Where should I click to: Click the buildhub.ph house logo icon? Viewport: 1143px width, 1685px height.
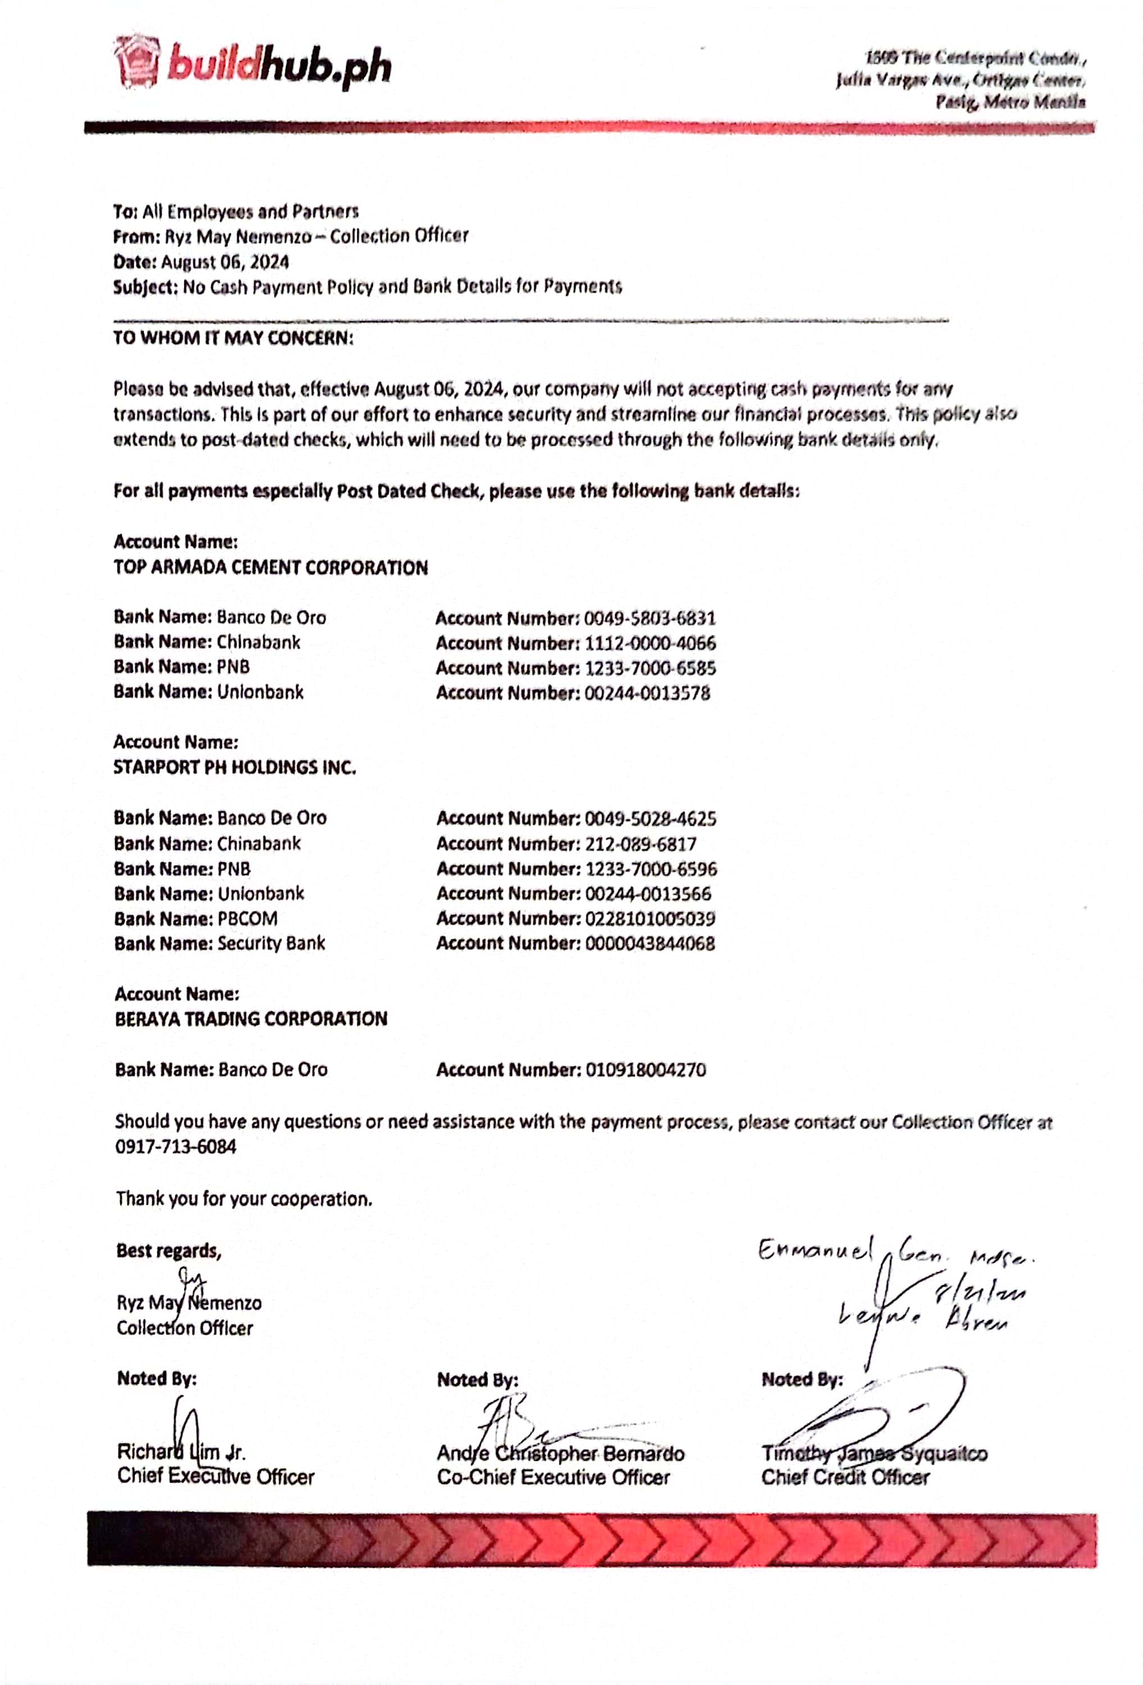pyautogui.click(x=136, y=62)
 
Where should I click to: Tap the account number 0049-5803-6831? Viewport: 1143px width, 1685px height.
pyautogui.click(x=649, y=618)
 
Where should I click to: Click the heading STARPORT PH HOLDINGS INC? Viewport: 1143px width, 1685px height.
pyautogui.click(x=234, y=767)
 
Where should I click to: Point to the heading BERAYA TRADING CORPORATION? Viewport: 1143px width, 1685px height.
pyautogui.click(x=251, y=1019)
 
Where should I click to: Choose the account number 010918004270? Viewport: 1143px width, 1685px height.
pyautogui.click(x=645, y=1069)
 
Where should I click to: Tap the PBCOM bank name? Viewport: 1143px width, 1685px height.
pyautogui.click(x=247, y=919)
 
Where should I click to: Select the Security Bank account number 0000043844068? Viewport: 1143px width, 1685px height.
pyautogui.click(x=650, y=943)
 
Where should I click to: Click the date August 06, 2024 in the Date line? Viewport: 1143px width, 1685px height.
pyautogui.click(x=225, y=262)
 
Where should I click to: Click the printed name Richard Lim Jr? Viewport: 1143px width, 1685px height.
pyautogui.click(x=181, y=1452)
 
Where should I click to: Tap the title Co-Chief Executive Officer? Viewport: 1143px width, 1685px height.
pyautogui.click(x=553, y=1478)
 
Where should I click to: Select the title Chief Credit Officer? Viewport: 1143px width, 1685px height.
pyautogui.click(x=845, y=1478)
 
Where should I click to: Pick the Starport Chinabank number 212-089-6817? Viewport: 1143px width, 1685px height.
pyautogui.click(x=640, y=844)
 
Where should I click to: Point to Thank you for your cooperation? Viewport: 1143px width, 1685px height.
pyautogui.click(x=244, y=1199)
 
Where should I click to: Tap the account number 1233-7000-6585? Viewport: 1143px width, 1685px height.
pyautogui.click(x=650, y=668)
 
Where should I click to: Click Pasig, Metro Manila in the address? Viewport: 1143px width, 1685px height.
pyautogui.click(x=1010, y=102)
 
